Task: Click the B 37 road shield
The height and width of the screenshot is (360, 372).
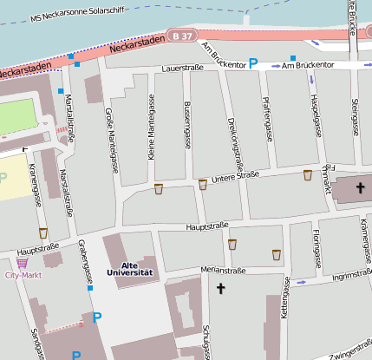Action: click(x=182, y=36)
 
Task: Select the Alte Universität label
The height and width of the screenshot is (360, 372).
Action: click(x=129, y=269)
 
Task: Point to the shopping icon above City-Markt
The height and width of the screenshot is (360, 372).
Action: click(x=22, y=262)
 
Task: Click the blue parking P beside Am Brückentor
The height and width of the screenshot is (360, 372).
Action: click(x=253, y=63)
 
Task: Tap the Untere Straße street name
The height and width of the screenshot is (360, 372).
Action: click(x=236, y=176)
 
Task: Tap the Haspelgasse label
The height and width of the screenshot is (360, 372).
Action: click(x=315, y=118)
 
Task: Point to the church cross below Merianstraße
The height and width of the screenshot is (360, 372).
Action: click(x=221, y=288)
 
